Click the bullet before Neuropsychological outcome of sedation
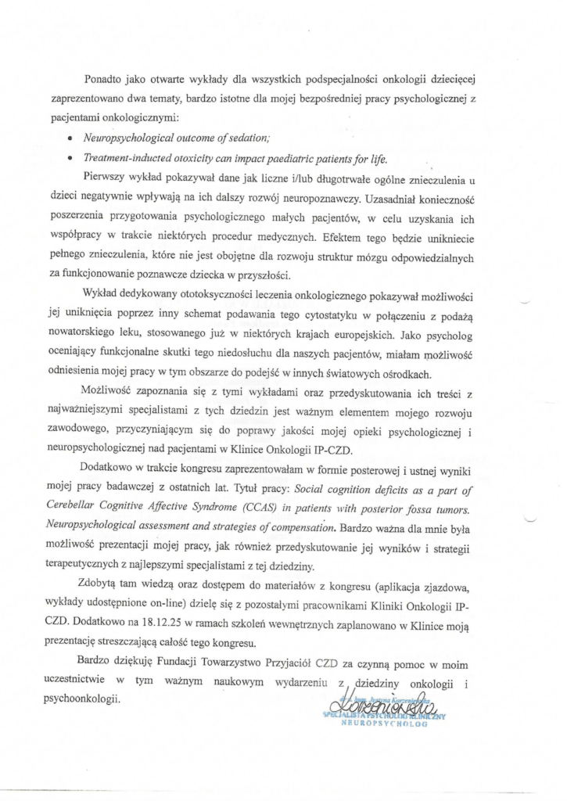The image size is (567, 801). coord(93,138)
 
